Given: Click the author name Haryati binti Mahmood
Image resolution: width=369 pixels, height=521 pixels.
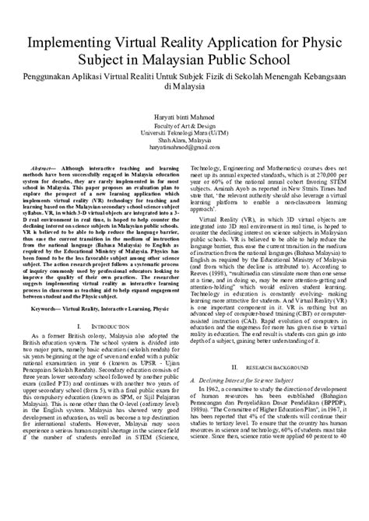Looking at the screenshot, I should coord(184,116).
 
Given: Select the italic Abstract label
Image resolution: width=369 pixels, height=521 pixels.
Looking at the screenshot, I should coord(47,168).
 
